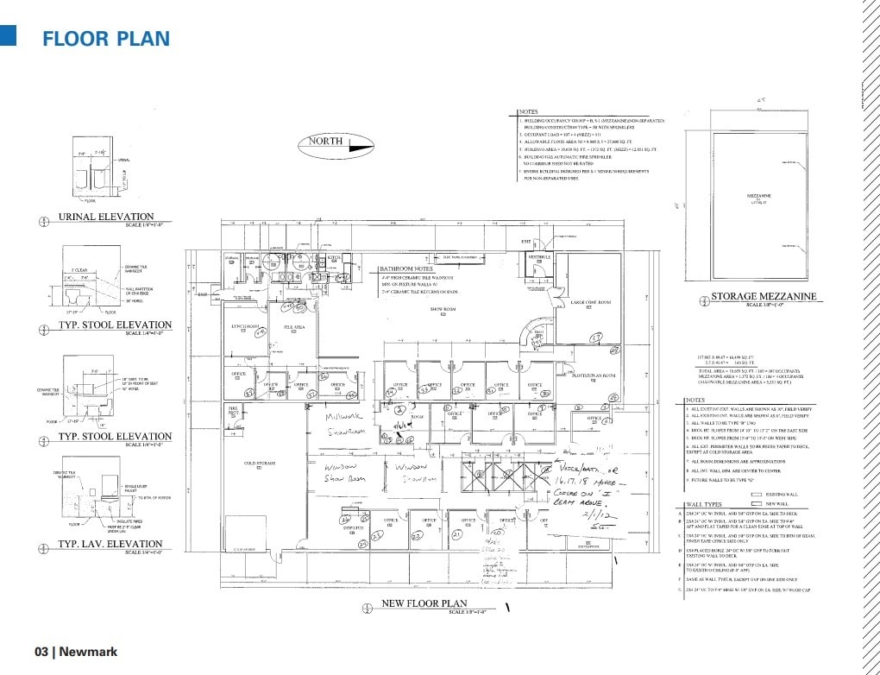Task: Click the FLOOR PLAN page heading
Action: [x=106, y=39]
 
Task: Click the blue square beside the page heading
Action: [x=9, y=35]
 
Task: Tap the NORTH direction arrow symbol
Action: [x=340, y=146]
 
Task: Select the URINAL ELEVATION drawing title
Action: [x=105, y=217]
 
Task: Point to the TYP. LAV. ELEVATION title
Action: [x=110, y=545]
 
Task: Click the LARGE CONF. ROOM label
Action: [x=591, y=302]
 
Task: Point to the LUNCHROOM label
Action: [x=245, y=326]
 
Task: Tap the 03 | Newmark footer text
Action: [x=76, y=652]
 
